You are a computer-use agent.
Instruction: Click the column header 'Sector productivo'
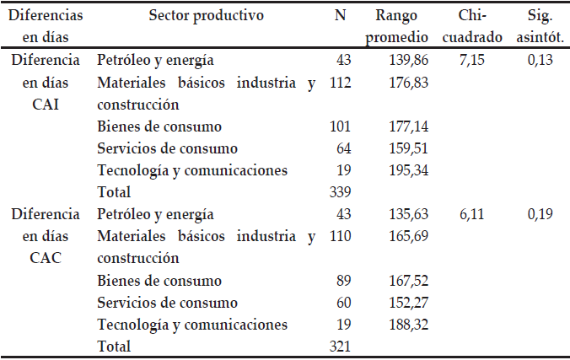[206, 15]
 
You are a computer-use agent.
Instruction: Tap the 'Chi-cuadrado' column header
[478, 26]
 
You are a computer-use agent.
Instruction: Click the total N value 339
[339, 192]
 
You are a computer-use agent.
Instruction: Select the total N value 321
[339, 346]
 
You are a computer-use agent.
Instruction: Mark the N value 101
[339, 126]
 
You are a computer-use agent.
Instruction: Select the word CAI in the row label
[46, 105]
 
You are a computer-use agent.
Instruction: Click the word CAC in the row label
[46, 258]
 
